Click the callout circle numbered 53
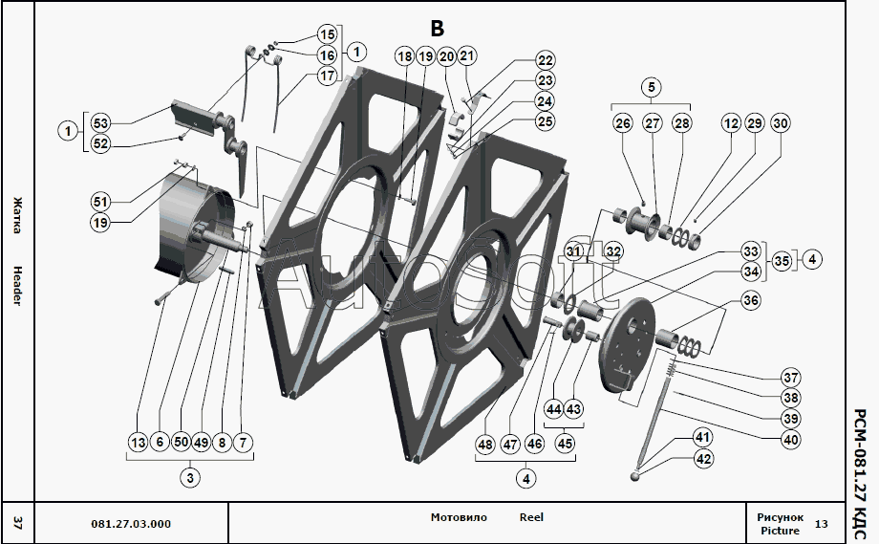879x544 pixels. (100, 122)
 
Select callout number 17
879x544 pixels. (328, 76)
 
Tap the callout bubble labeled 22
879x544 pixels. (545, 60)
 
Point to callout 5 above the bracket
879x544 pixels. (652, 87)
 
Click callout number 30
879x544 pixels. (781, 122)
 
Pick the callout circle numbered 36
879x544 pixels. (751, 300)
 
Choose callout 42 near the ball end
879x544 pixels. (703, 459)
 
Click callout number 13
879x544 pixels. (138, 442)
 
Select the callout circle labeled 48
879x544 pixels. (485, 445)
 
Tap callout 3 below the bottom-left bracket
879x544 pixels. (190, 478)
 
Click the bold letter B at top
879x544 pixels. (437, 28)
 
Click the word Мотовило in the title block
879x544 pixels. (459, 517)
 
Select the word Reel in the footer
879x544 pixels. (531, 517)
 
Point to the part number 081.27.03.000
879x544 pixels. (131, 524)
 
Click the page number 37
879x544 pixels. (17, 524)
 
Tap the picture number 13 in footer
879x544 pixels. (822, 524)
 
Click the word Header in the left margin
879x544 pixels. (17, 286)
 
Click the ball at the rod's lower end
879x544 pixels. (634, 476)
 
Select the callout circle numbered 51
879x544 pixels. (100, 202)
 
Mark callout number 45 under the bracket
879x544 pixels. (565, 444)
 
